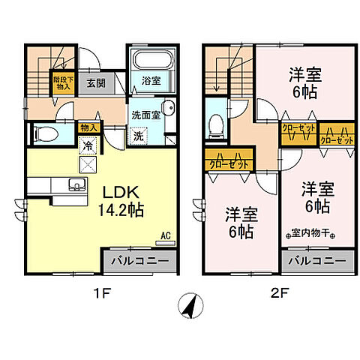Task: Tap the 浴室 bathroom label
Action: (148, 82)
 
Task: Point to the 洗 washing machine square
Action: (138, 136)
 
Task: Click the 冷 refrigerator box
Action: (88, 143)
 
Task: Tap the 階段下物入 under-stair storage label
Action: (61, 81)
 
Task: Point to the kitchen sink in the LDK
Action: (73, 185)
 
